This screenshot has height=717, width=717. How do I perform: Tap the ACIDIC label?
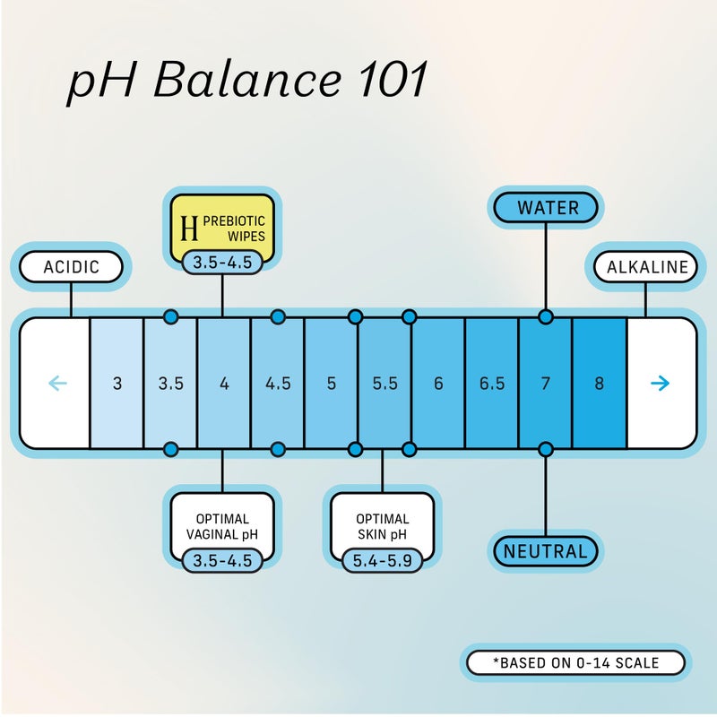point(71,266)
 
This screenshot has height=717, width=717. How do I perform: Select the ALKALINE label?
point(647,266)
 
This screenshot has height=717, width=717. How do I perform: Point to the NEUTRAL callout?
point(545,551)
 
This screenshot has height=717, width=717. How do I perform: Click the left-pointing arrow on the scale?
point(56,384)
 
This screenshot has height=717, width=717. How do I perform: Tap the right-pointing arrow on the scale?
point(661,384)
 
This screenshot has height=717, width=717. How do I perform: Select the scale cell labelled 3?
point(117,384)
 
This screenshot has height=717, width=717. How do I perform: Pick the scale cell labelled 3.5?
point(170,384)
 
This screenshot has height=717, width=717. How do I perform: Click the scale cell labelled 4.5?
point(278,384)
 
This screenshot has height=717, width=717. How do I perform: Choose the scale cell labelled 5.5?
point(384,384)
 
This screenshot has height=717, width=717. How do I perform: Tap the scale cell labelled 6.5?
point(491,384)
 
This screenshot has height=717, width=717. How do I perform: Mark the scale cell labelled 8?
point(599,384)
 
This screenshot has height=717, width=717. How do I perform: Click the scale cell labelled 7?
point(545,384)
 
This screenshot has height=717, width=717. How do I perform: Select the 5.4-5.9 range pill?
point(382,560)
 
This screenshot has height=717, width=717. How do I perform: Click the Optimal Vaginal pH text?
point(222,527)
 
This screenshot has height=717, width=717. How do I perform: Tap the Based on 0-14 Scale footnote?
point(576,663)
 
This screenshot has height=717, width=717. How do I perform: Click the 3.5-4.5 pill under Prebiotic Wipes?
point(222,263)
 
